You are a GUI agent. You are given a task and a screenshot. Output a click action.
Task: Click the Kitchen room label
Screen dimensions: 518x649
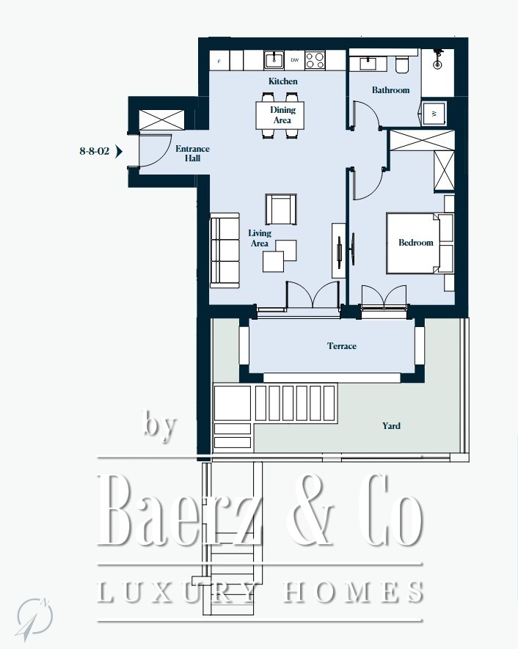282,81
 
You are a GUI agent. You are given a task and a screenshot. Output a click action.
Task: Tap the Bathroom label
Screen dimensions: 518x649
390,89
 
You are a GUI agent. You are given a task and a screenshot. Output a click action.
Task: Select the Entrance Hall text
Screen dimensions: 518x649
192,153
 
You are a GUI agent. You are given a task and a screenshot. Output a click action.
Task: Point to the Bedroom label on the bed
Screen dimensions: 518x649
416,243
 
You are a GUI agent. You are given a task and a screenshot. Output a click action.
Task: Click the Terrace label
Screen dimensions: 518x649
342,346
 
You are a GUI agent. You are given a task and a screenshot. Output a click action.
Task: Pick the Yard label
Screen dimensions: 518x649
391,425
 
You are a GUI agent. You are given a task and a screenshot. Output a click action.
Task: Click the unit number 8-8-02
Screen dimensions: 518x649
95,151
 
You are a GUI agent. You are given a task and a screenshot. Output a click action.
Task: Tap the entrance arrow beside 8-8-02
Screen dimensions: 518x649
119,152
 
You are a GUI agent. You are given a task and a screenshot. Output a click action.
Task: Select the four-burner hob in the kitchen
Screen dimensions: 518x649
315,60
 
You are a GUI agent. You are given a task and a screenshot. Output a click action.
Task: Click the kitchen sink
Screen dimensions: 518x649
274,60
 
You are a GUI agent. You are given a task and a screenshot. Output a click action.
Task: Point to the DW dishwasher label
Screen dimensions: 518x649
294,60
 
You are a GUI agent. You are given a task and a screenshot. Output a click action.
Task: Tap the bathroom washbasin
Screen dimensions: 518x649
368,63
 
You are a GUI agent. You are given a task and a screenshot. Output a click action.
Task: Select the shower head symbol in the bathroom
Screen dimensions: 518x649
437,60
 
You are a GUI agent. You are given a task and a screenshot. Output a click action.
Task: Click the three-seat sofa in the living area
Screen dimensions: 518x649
225,250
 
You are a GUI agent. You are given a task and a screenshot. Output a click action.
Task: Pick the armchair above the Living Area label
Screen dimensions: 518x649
281,210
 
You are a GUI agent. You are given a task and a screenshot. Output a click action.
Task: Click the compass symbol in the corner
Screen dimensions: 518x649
34,618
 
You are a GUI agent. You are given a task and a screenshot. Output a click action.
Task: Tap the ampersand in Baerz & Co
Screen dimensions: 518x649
310,510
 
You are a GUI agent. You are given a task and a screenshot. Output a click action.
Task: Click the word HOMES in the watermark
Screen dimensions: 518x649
353,592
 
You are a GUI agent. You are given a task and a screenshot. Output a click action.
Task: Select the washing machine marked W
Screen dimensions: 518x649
434,113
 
